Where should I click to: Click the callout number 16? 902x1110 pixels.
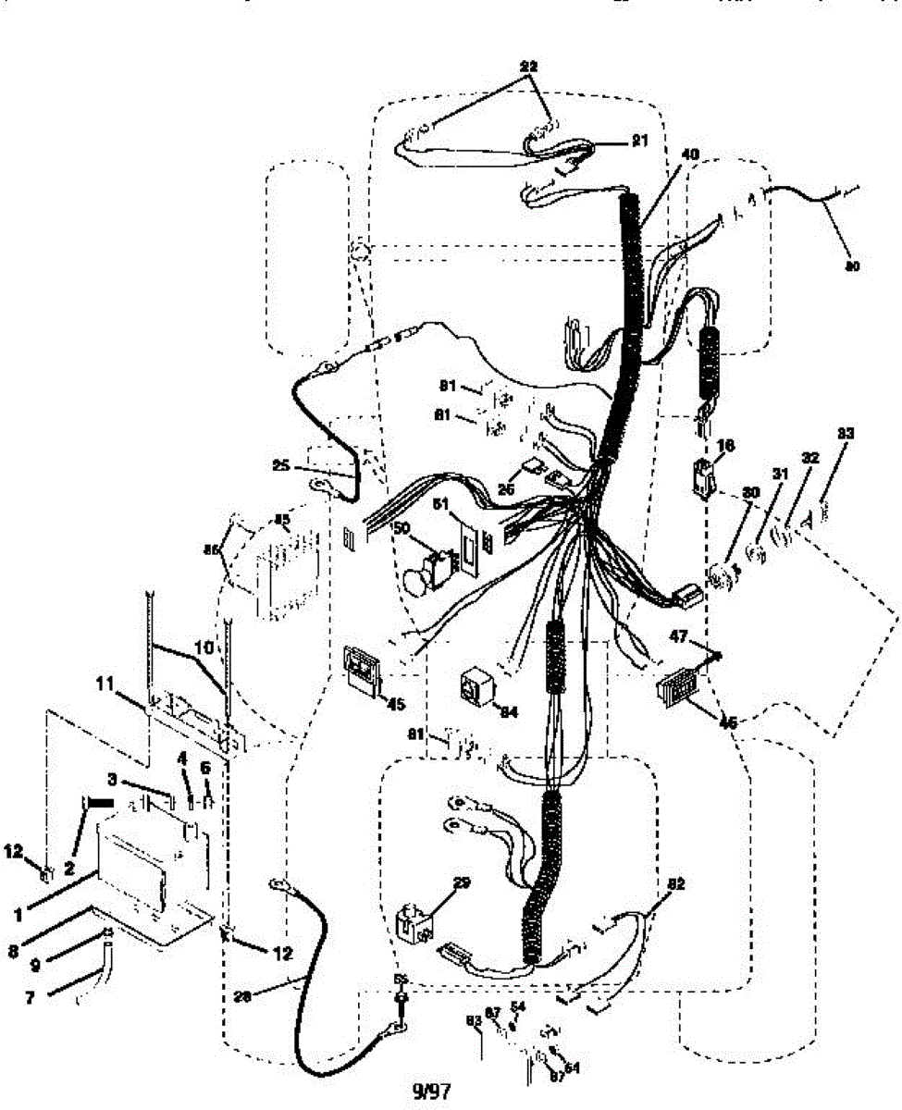tap(725, 446)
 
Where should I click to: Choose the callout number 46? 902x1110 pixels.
tap(727, 722)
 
